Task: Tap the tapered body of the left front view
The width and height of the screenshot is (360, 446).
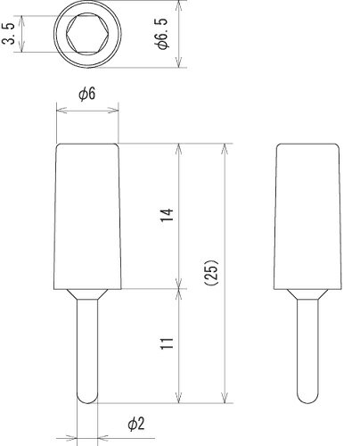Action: coord(87,214)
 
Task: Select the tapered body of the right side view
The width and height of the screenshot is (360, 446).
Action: coord(307,214)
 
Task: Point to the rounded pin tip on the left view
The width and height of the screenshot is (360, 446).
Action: coord(87,395)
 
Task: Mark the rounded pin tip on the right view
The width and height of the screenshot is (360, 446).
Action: coord(307,395)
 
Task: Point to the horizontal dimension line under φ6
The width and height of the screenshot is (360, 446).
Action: coord(87,111)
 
